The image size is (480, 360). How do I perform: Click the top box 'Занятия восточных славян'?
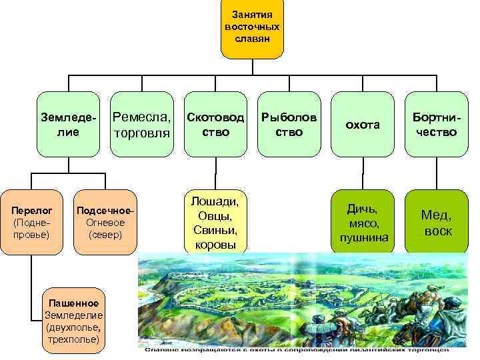pos(252,29)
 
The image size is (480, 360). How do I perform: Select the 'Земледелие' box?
pos(67,125)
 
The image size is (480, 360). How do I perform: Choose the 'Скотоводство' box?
pos(215,125)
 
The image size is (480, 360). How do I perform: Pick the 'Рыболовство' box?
pos(289,125)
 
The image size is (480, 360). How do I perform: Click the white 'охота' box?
pos(363,125)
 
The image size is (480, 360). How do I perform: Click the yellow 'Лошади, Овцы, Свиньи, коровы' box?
pos(215,223)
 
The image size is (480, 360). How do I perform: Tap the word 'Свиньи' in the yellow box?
pos(215,230)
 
